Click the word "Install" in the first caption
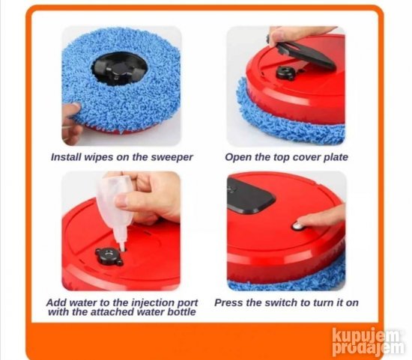click(x=66, y=157)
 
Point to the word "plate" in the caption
click(x=336, y=158)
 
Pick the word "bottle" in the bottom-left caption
click(x=182, y=312)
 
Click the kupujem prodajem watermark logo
click(x=368, y=341)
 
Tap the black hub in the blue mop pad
click(x=119, y=67)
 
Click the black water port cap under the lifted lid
click(x=285, y=73)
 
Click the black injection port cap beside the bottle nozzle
click(x=109, y=256)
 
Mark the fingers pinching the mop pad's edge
click(x=71, y=123)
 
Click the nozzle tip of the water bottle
click(x=123, y=248)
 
